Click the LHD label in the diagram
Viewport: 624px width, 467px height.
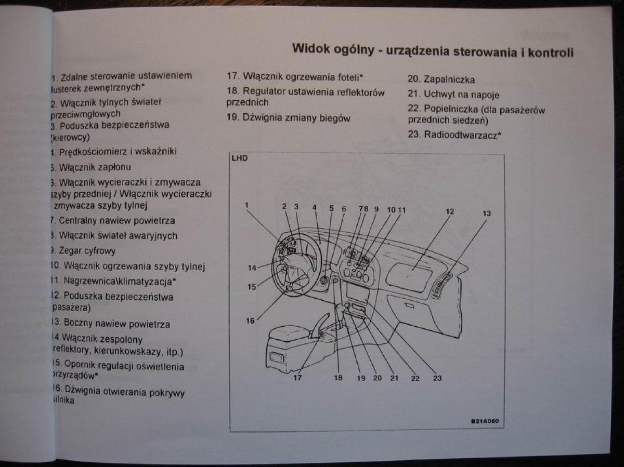tap(240, 158)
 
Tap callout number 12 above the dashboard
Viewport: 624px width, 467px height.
tap(450, 211)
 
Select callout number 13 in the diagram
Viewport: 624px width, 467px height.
tap(487, 213)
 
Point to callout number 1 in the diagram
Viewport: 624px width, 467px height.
tap(247, 205)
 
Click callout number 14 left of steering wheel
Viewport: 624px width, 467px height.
tap(252, 268)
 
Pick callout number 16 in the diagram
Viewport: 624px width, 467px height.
tap(250, 321)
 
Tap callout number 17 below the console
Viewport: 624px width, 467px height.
tap(297, 378)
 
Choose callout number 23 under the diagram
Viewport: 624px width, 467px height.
tap(437, 378)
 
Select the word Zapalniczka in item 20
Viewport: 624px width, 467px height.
tap(449, 80)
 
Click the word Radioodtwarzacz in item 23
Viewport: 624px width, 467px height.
tap(461, 135)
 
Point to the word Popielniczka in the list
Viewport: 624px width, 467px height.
tap(450, 109)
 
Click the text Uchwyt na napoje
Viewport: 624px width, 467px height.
tap(454, 95)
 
